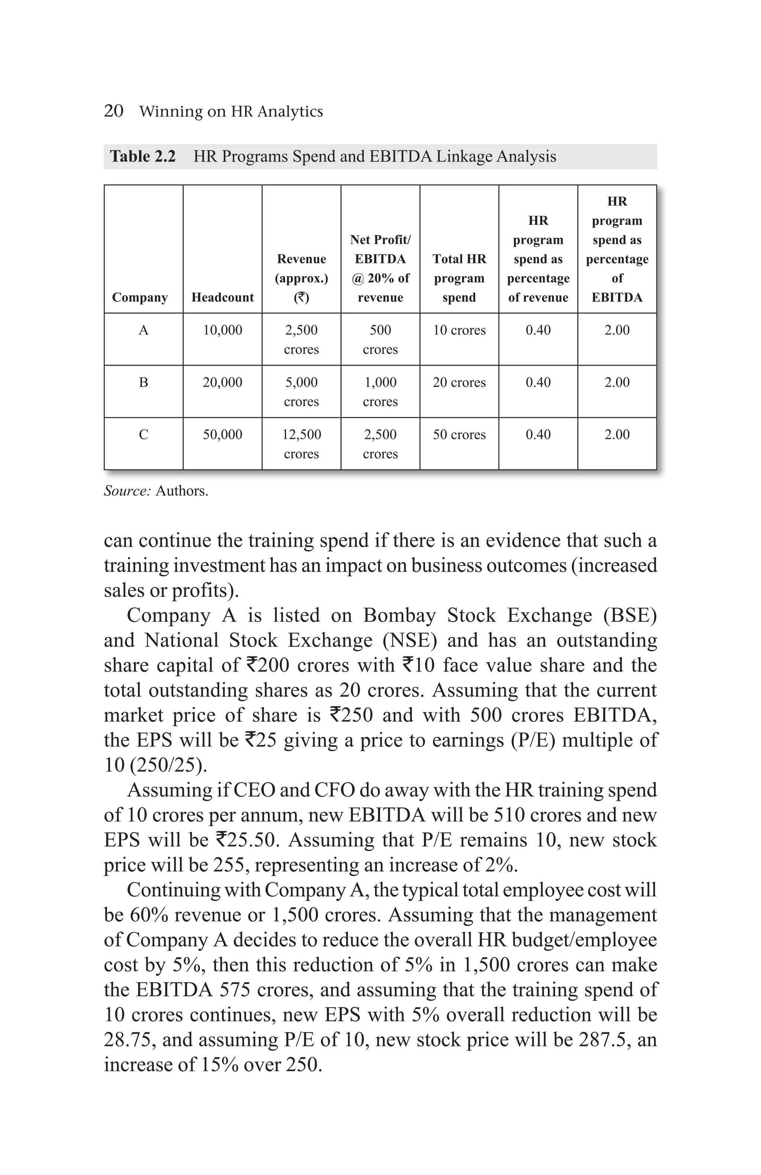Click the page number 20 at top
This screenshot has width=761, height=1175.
114,111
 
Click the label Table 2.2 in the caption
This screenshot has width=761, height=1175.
142,156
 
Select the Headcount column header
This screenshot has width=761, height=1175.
222,297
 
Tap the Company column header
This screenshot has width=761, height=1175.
140,297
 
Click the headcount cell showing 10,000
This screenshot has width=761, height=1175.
222,330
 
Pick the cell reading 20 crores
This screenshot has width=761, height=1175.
459,383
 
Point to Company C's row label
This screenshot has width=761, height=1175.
143,434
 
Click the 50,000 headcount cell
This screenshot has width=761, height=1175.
222,434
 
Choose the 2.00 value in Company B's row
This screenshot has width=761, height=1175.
617,383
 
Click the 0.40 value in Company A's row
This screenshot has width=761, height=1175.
538,330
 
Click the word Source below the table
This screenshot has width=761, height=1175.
126,491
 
